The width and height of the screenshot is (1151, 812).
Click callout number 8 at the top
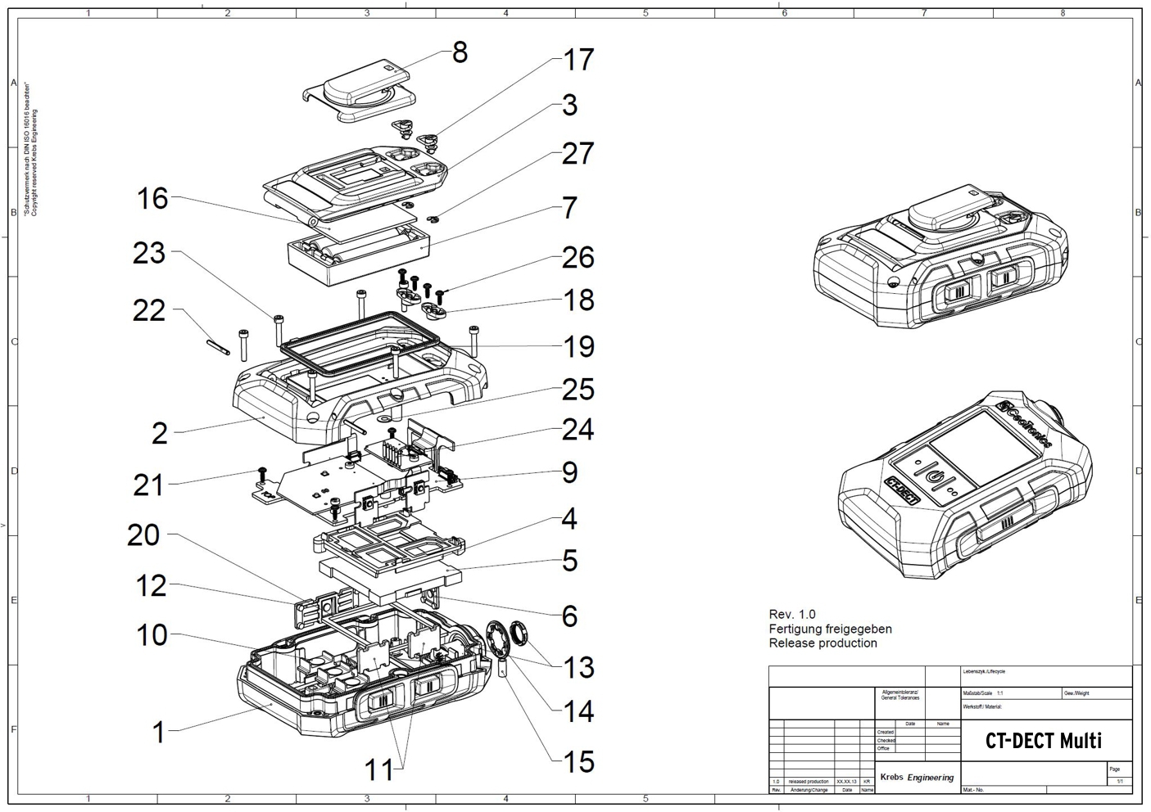click(x=460, y=52)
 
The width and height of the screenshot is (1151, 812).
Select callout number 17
click(x=578, y=60)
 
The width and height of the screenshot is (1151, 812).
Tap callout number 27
click(x=578, y=154)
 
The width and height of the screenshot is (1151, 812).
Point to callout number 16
click(x=152, y=198)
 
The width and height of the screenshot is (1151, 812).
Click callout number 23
click(x=149, y=253)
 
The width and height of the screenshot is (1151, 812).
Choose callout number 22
click(x=149, y=310)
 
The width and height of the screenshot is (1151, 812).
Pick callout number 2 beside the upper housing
click(x=160, y=433)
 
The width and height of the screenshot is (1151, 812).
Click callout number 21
click(x=149, y=485)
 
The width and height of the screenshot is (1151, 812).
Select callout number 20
click(x=144, y=535)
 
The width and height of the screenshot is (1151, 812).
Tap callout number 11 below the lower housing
click(x=378, y=769)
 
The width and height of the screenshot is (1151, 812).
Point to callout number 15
click(x=578, y=762)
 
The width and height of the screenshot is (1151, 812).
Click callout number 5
click(x=570, y=562)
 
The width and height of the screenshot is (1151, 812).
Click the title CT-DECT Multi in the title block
click(x=1043, y=741)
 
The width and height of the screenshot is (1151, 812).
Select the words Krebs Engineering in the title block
click(x=917, y=777)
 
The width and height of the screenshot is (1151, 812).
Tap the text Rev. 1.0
click(x=792, y=614)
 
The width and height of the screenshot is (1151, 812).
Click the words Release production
click(x=822, y=643)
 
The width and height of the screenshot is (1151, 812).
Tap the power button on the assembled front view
click(x=934, y=476)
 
